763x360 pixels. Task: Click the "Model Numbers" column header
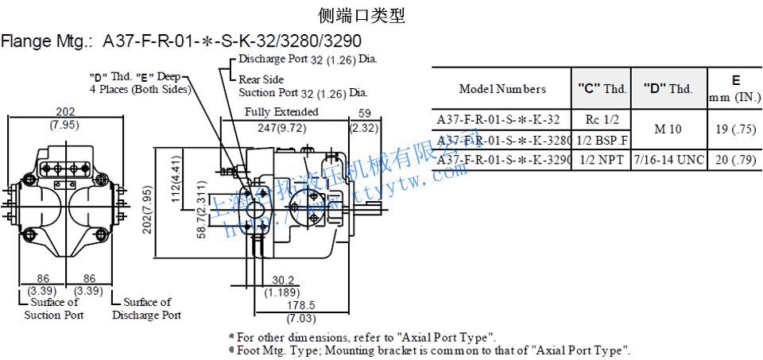(x=502, y=89)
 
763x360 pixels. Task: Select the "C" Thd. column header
(x=602, y=89)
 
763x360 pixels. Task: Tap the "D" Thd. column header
(x=668, y=89)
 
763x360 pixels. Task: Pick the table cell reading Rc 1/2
(x=602, y=119)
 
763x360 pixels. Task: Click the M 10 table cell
(x=668, y=130)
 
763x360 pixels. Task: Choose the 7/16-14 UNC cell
(x=668, y=160)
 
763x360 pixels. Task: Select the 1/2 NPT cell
(x=602, y=160)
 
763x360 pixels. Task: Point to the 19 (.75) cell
(x=734, y=130)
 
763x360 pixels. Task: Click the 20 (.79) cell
(x=734, y=160)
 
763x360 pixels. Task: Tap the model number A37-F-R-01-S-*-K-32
(x=498, y=119)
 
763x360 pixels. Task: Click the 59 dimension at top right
(x=365, y=113)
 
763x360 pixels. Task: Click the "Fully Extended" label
(x=281, y=112)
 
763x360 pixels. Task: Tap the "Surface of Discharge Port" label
(x=146, y=308)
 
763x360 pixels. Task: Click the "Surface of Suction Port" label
(x=53, y=308)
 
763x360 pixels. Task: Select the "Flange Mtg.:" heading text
(x=48, y=41)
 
